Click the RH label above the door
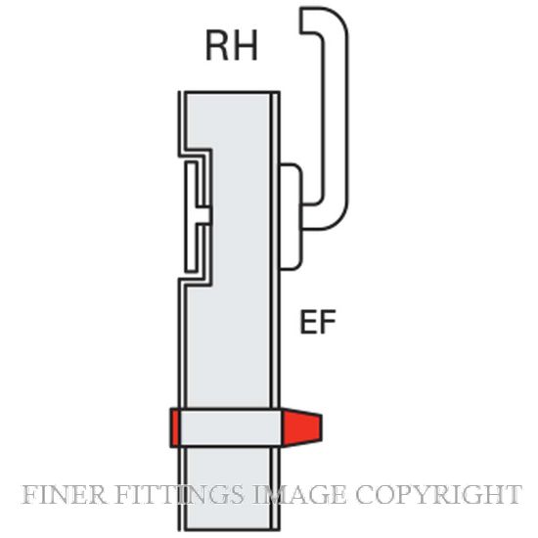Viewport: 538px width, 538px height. tap(231, 46)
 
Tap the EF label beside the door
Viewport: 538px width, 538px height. tap(318, 322)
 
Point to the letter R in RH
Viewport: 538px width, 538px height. tap(216, 46)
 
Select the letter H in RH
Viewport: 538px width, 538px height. tap(245, 46)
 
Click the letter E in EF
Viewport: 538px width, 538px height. tap(308, 322)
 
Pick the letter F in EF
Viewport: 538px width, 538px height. tap(328, 322)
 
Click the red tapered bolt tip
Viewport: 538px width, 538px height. tap(301, 427)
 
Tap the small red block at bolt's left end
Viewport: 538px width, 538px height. tap(175, 427)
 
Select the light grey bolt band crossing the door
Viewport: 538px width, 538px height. tap(230, 427)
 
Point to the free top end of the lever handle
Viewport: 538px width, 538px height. tap(301, 21)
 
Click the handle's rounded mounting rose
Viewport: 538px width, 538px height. tap(291, 216)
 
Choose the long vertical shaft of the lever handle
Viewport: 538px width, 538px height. tap(336, 120)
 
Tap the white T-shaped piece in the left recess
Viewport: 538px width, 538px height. tap(195, 217)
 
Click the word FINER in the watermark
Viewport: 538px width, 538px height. tap(64, 494)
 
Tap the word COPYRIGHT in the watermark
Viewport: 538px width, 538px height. tap(439, 494)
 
